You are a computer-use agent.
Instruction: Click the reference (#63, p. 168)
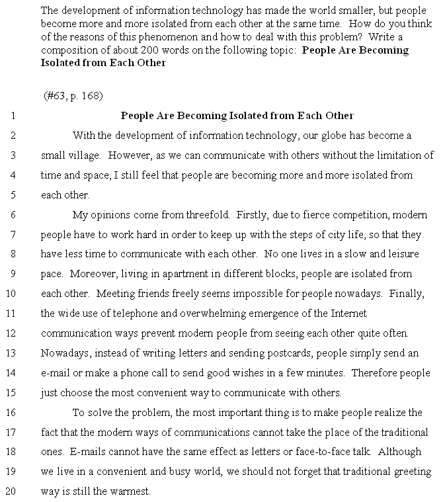click(x=73, y=96)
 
